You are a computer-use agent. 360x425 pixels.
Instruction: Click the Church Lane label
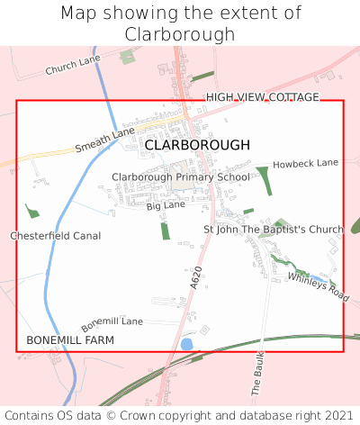pyautogui.click(x=73, y=65)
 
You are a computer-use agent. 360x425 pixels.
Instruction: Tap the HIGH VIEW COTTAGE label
pyautogui.click(x=262, y=97)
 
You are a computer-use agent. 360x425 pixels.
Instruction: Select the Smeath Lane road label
pyautogui.click(x=104, y=139)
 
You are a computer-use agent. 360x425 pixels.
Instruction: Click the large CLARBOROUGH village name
pyautogui.click(x=197, y=144)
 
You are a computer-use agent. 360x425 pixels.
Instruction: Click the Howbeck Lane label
pyautogui.click(x=306, y=163)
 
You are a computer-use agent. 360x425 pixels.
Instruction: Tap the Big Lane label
pyautogui.click(x=166, y=206)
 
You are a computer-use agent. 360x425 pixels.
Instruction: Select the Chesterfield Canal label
pyautogui.click(x=56, y=236)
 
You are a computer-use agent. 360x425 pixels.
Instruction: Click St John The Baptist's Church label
pyautogui.click(x=274, y=230)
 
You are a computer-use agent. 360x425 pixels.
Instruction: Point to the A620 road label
pyautogui.click(x=196, y=276)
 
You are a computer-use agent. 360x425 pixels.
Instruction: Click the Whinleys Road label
pyautogui.click(x=318, y=286)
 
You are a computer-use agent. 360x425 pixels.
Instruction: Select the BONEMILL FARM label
pyautogui.click(x=70, y=340)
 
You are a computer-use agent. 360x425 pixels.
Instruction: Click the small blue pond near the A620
pyautogui.click(x=186, y=344)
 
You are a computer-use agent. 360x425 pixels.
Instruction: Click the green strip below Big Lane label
pyautogui.click(x=165, y=230)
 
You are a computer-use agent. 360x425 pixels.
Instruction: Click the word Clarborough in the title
pyautogui.click(x=180, y=34)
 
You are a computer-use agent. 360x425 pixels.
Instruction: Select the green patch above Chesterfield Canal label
pyautogui.click(x=32, y=212)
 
